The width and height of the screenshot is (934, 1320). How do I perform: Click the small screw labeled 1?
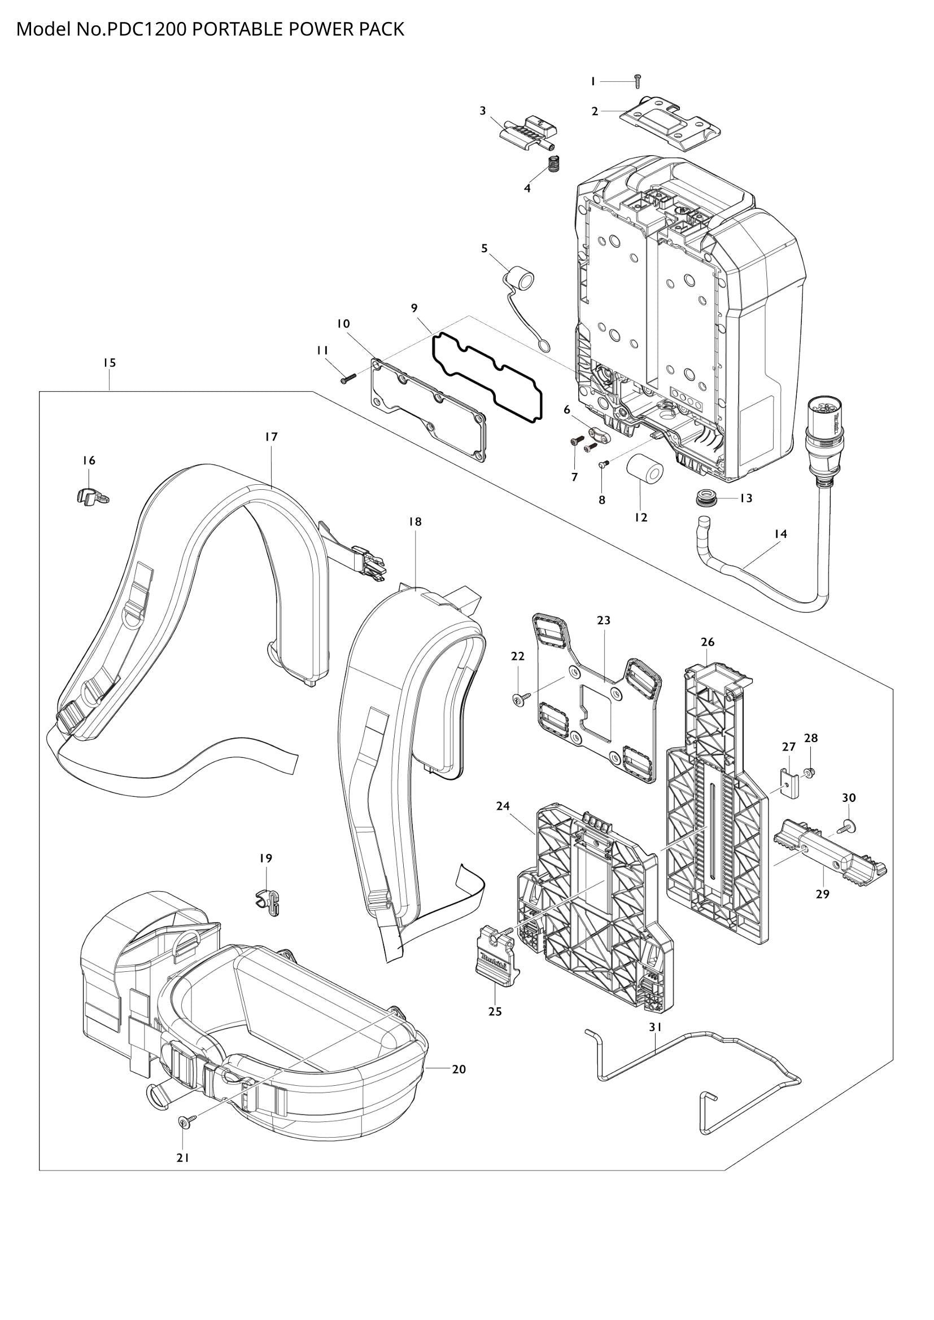638,82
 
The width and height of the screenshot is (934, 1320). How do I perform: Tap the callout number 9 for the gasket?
414,308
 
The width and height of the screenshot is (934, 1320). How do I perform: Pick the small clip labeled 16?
90,495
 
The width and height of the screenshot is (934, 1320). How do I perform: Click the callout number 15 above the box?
110,363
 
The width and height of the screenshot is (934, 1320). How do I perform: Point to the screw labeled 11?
347,378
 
